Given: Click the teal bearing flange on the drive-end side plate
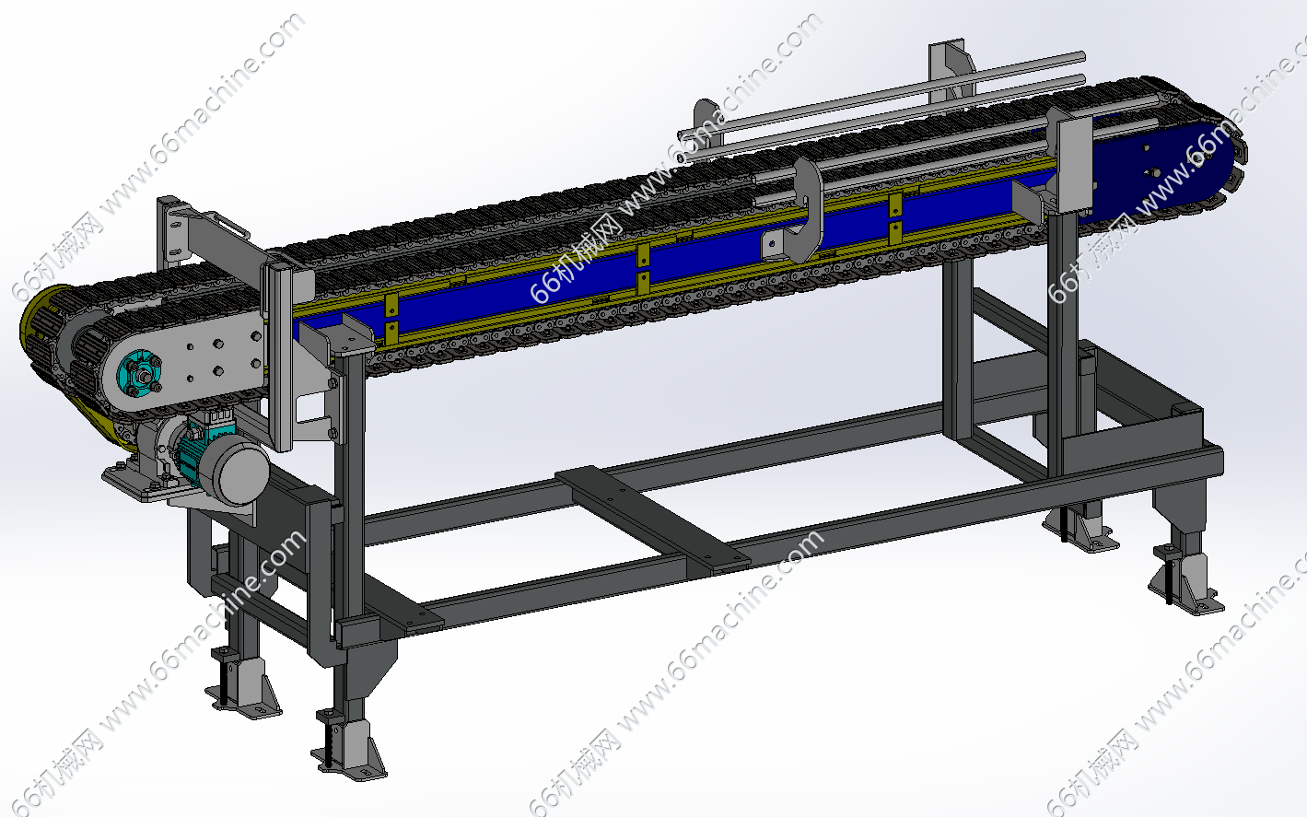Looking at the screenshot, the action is coord(139,373).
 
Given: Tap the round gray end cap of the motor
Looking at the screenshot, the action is coord(241,473).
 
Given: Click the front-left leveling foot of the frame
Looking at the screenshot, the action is coord(349,750).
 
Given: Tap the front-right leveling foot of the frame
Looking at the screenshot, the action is coord(1185,580).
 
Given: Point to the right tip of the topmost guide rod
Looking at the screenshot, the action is coord(1083,56).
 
